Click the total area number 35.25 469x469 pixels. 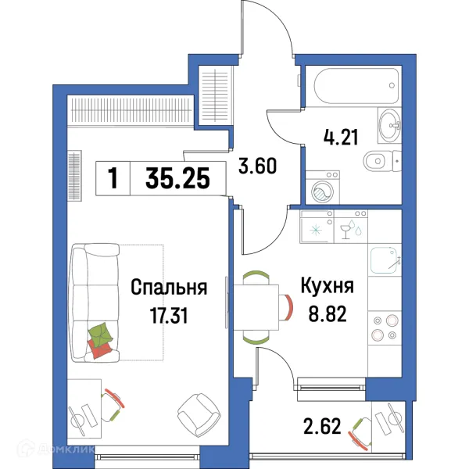(177, 180)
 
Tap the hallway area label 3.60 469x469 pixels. (258, 166)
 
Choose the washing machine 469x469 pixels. (320, 188)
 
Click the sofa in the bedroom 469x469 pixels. (94, 302)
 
